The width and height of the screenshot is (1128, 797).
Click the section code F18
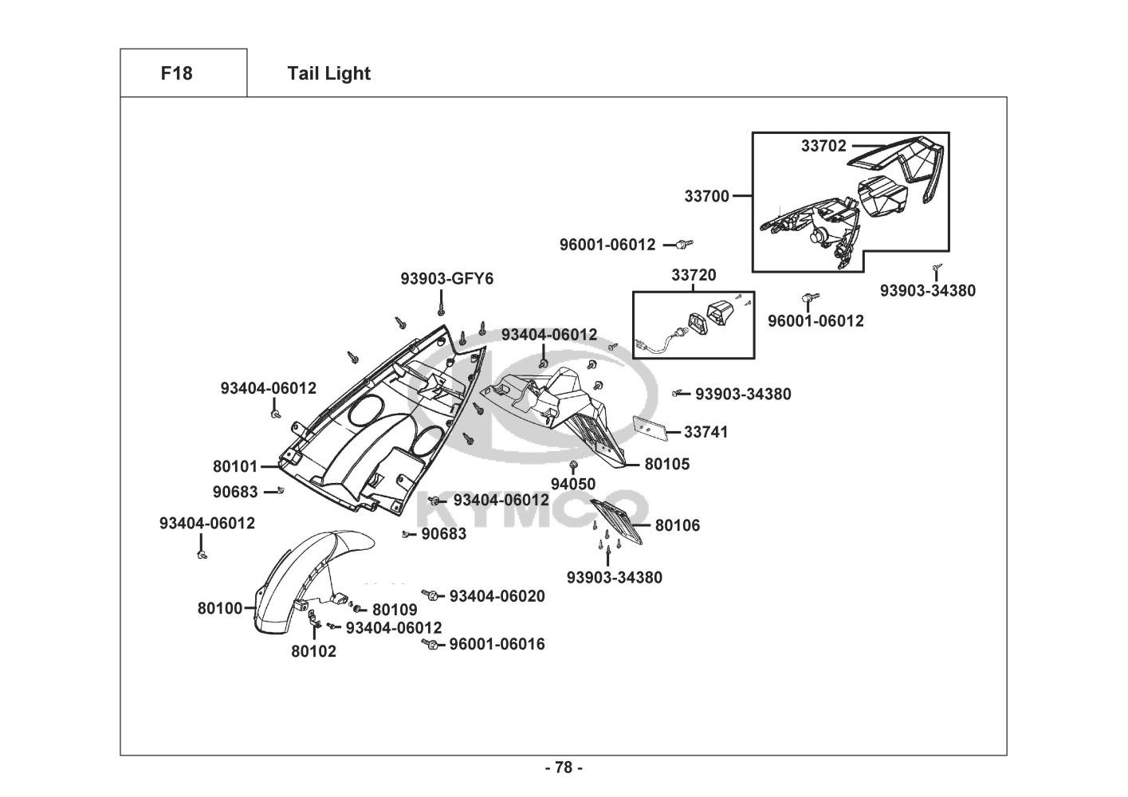176,73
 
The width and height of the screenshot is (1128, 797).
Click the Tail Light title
328,73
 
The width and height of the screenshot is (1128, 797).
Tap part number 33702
823,146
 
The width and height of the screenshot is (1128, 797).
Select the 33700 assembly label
706,195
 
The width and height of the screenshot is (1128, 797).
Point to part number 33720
693,275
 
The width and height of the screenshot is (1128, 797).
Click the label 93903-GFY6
446,279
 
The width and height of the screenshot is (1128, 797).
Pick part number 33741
706,432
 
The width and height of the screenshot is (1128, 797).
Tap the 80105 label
667,464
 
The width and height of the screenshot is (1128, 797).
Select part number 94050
573,484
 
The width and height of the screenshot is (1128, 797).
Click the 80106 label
678,525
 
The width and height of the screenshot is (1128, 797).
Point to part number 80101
235,466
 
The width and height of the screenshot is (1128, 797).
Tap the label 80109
395,611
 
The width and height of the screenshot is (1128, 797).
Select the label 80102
313,651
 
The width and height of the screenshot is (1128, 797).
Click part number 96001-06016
497,644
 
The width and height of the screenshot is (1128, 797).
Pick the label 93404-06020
497,596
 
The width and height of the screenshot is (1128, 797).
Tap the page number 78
564,768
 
